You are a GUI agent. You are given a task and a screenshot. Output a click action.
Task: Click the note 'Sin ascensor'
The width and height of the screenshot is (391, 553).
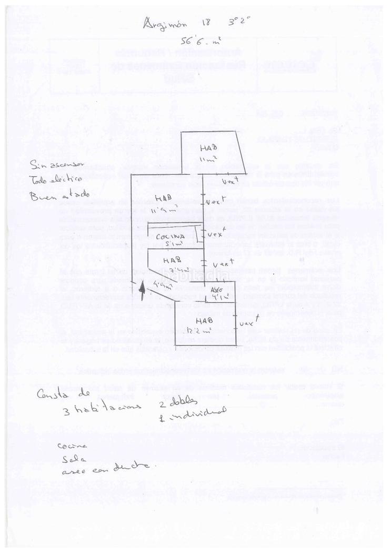pyautogui.click(x=57, y=164)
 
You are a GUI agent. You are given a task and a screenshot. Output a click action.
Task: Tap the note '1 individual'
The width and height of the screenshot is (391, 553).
pyautogui.click(x=192, y=413)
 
